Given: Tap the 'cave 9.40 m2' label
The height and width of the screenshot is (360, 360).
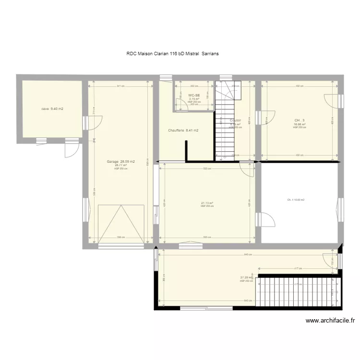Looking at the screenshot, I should pyautogui.click(x=53, y=109).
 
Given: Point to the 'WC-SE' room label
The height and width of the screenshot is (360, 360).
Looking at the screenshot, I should pyautogui.click(x=194, y=96).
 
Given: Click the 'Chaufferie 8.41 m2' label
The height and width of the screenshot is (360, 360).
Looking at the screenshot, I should pyautogui.click(x=183, y=130).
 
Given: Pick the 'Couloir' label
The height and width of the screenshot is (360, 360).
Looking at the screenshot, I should pyautogui.click(x=235, y=120).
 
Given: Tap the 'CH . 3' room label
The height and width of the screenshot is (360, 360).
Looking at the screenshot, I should pyautogui.click(x=300, y=120).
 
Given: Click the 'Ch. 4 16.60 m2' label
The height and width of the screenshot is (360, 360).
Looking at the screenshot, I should pyautogui.click(x=296, y=200).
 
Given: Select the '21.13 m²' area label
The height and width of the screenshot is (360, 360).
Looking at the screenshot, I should pyautogui.click(x=207, y=203).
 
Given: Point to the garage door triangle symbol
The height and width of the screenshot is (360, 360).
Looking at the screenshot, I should pyautogui.click(x=121, y=224).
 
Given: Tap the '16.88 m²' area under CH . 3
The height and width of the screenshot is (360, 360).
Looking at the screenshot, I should pyautogui.click(x=300, y=124).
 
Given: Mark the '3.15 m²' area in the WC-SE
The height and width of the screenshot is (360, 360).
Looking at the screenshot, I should pyautogui.click(x=194, y=99).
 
